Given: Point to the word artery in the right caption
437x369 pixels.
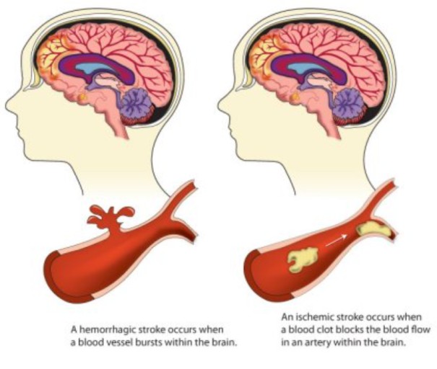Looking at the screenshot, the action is (312, 341).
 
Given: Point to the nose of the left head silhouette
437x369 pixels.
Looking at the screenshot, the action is (9, 107).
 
